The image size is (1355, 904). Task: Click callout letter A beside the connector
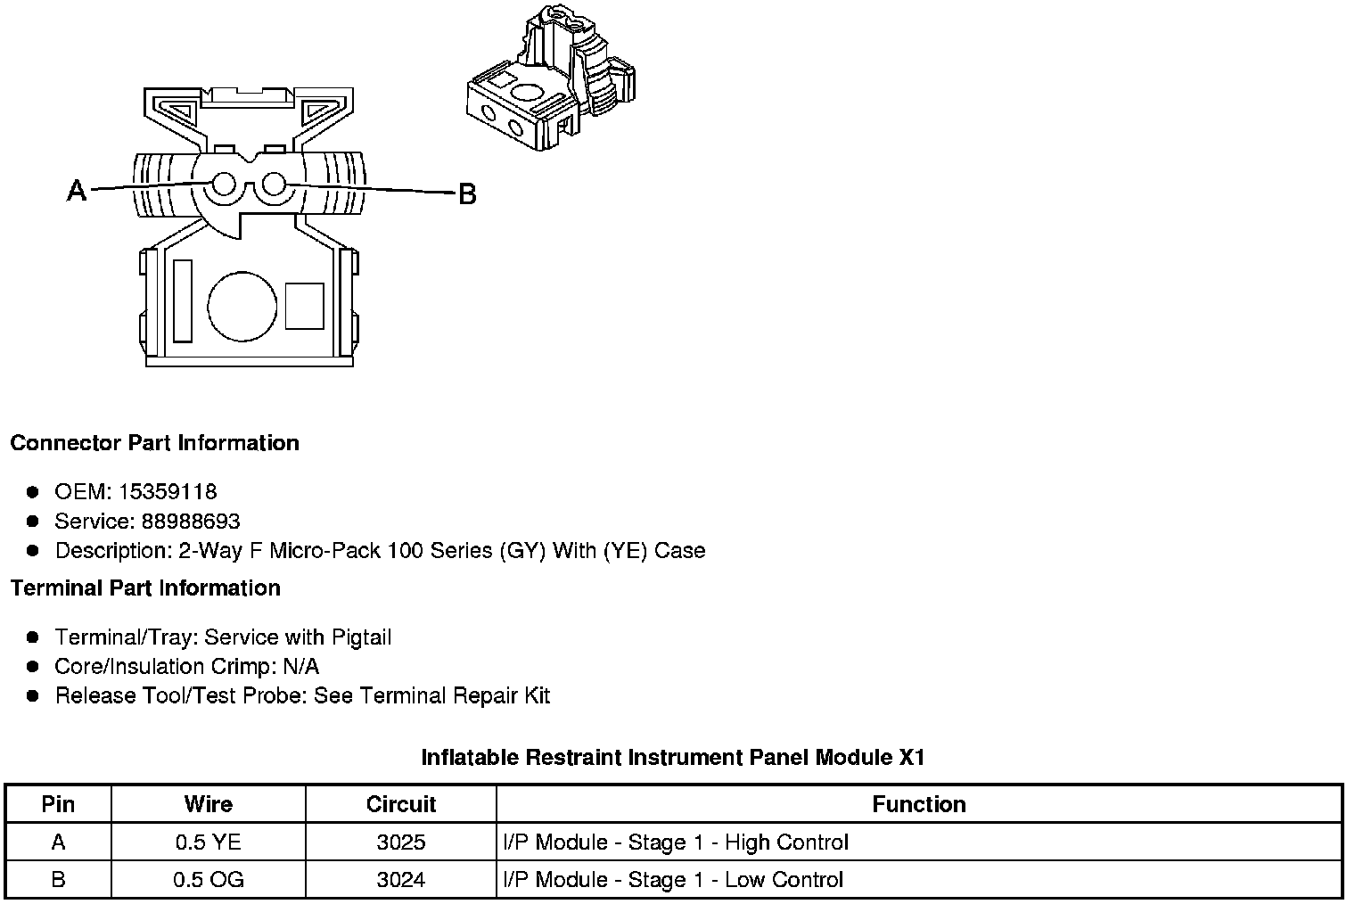(x=78, y=190)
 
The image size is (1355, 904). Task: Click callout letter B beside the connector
(x=467, y=193)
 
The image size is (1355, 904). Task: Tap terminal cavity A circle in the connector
(x=224, y=185)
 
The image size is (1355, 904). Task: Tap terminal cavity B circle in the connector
(x=273, y=185)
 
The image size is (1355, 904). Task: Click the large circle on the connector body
(x=242, y=306)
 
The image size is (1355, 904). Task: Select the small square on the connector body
(x=304, y=306)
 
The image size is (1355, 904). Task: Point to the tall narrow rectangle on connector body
(x=183, y=300)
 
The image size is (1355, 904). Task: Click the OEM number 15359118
(x=168, y=492)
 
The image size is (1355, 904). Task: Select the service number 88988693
(x=191, y=522)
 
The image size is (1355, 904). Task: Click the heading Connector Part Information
(x=155, y=443)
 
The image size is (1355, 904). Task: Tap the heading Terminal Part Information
(x=145, y=588)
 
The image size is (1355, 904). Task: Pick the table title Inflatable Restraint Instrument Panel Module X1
(x=673, y=758)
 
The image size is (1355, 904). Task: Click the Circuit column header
(x=401, y=804)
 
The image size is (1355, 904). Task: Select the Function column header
(x=918, y=804)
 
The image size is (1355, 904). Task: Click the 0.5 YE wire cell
(x=208, y=842)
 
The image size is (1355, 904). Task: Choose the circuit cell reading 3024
(x=401, y=880)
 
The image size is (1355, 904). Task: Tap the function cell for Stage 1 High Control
(x=676, y=842)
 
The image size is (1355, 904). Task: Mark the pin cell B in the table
(x=58, y=880)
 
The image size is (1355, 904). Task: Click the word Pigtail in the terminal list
(x=361, y=637)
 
